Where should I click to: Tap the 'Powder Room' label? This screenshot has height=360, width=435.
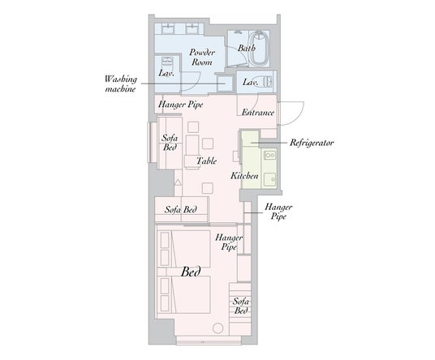[x=202, y=57]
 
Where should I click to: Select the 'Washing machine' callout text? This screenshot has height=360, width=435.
[x=121, y=84]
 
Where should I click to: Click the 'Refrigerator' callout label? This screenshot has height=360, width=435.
[x=312, y=143]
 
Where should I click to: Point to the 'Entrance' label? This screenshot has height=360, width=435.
[x=258, y=113]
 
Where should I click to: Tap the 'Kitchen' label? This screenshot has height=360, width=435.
[x=244, y=176]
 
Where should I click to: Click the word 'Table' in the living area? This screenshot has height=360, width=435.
[x=206, y=161]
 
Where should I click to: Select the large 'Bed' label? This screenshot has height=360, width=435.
[x=191, y=272]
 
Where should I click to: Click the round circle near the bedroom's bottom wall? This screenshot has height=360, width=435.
[x=218, y=328]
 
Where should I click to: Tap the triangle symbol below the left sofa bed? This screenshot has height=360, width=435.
[x=178, y=182]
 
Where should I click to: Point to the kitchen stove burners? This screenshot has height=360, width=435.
[x=269, y=155]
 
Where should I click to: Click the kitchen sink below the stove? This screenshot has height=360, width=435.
[x=269, y=179]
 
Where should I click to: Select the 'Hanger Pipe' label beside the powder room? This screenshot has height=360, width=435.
[x=181, y=105]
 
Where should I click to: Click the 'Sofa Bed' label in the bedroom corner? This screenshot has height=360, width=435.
[x=241, y=306]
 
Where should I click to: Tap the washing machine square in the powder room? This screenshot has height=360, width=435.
[x=225, y=83]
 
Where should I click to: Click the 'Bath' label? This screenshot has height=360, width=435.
[x=247, y=48]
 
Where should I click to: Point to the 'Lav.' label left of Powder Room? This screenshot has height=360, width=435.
[x=166, y=74]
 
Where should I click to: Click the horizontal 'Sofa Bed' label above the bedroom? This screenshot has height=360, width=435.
[x=181, y=209]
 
